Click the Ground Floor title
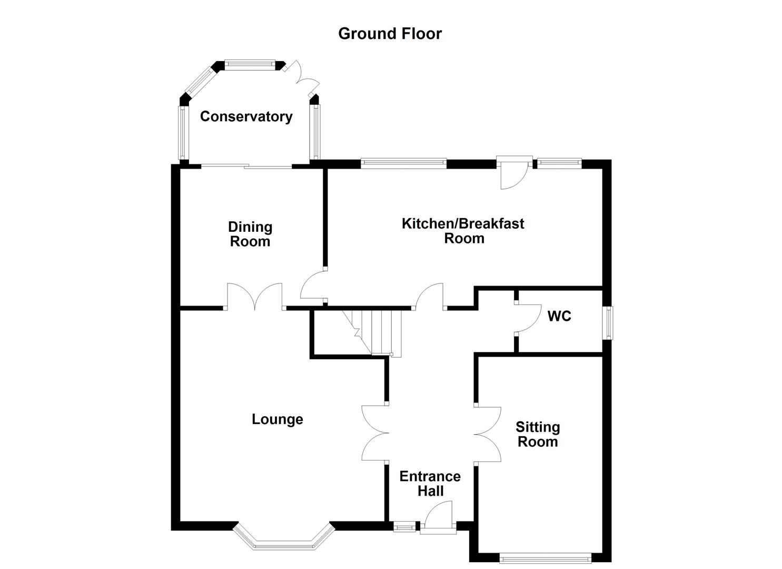coord(390,34)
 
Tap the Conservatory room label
coord(246,116)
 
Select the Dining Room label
coord(250,234)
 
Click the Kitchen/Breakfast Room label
coord(463,231)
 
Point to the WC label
coord(559,316)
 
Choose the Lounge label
coord(277,419)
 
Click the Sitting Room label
coord(537,435)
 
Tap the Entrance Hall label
coord(430,484)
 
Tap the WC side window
coord(608,323)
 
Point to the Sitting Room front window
coord(545,557)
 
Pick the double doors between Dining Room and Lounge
coord(255,298)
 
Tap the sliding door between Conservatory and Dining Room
coord(246,166)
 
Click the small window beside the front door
coord(404,525)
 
